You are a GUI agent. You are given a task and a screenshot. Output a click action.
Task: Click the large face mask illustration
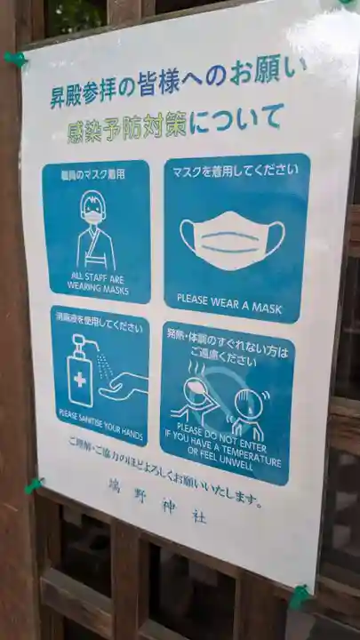(x=233, y=238)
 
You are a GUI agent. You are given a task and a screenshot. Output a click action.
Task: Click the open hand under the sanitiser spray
(x=124, y=385)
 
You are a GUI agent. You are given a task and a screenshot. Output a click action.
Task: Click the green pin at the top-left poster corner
(x=15, y=60)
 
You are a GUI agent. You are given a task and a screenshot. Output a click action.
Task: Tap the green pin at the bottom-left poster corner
(x=34, y=485)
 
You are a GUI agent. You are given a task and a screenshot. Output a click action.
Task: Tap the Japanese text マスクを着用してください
(x=235, y=170)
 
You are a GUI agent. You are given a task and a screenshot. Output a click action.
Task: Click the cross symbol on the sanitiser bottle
(x=80, y=379)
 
